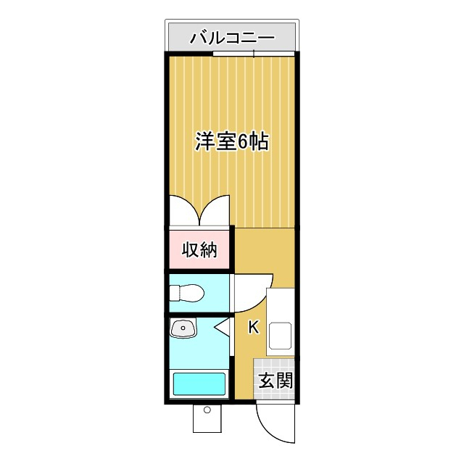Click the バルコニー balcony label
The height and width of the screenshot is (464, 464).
(232, 38)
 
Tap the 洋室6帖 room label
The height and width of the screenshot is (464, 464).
(232, 141)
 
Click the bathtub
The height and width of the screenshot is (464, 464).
(199, 384)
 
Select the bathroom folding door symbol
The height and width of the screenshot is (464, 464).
(223, 328)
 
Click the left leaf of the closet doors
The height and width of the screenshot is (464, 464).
(186, 210)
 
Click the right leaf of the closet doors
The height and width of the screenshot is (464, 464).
(215, 210)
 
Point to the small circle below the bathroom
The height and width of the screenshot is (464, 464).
(207, 410)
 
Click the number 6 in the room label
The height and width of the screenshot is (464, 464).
(243, 142)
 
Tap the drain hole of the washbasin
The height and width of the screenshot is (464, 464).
(183, 328)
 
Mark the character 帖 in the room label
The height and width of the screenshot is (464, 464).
(260, 141)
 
